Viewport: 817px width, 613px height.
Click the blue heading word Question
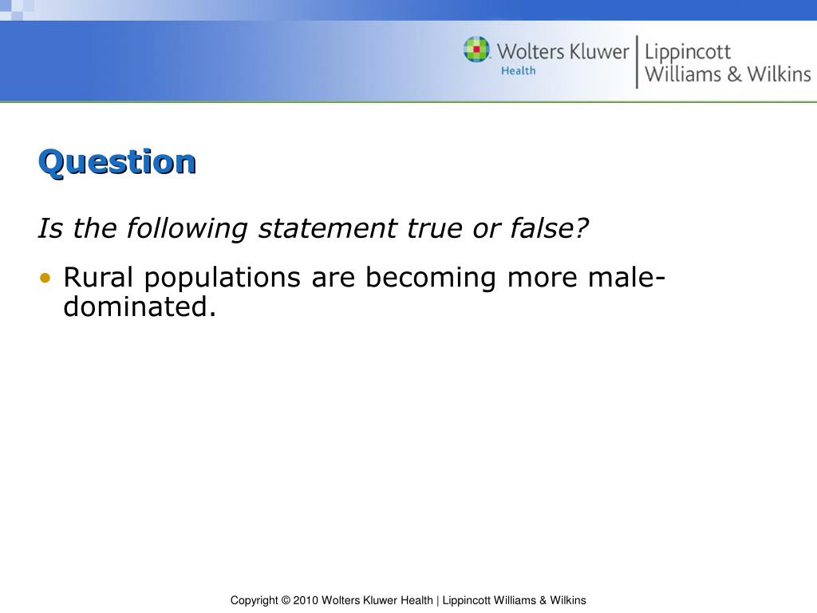[116, 162]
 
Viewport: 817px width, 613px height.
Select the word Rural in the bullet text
[100, 278]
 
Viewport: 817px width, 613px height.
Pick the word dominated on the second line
[139, 306]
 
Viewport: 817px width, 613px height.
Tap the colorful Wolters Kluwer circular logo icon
[477, 50]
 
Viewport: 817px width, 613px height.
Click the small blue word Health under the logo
[518, 71]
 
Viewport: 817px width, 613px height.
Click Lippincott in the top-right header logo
[687, 53]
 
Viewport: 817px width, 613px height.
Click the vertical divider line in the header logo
[637, 61]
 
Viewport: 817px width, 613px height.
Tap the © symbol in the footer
[285, 600]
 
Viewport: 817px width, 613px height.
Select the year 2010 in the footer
[306, 600]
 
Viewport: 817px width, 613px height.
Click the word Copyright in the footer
[253, 600]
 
